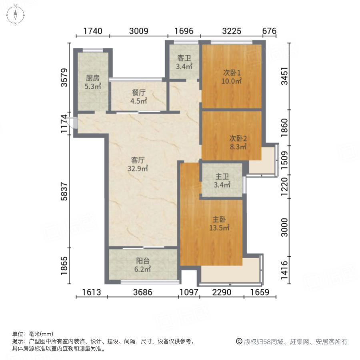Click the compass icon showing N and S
pyautogui.click(x=15, y=15)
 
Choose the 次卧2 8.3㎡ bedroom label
pyautogui.click(x=238, y=142)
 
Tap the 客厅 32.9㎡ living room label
pyautogui.click(x=137, y=164)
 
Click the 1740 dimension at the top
pyautogui.click(x=93, y=31)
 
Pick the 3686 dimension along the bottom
pyautogui.click(x=143, y=292)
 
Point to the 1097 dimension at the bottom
pyautogui.click(x=188, y=292)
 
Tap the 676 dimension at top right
pyautogui.click(x=270, y=31)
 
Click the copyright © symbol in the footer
pyautogui.click(x=239, y=342)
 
